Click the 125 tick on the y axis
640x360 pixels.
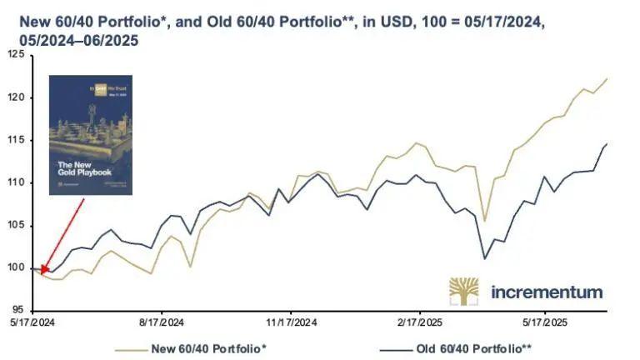point(15,54)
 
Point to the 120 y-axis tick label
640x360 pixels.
point(15,97)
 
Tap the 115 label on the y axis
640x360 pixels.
point(15,140)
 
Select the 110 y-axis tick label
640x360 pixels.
point(15,182)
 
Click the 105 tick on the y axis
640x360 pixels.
point(15,225)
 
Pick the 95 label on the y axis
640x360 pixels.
point(17,310)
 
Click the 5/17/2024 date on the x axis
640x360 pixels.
point(31,322)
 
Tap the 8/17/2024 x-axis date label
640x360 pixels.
point(161,322)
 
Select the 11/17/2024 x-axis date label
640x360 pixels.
point(290,322)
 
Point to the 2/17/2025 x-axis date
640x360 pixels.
point(418,322)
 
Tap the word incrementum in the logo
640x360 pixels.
point(546,292)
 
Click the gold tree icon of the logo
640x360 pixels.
point(464,291)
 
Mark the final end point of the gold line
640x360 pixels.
point(607,78)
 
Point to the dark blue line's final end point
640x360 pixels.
point(607,144)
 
